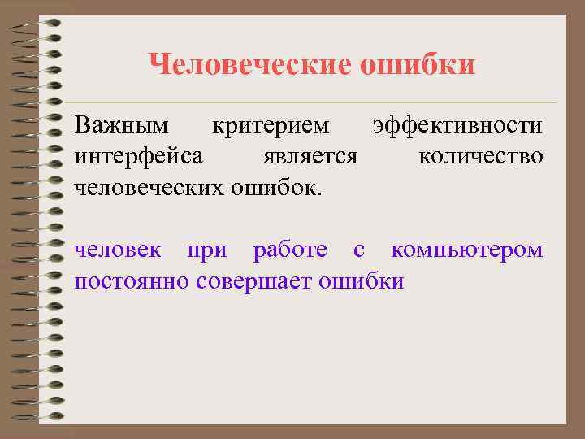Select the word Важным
122,126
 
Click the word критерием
271,126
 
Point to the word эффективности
457,126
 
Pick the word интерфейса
139,156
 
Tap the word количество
481,156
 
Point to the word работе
291,250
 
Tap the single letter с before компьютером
359,250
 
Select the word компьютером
467,250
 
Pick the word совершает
256,280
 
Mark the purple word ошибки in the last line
362,280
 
